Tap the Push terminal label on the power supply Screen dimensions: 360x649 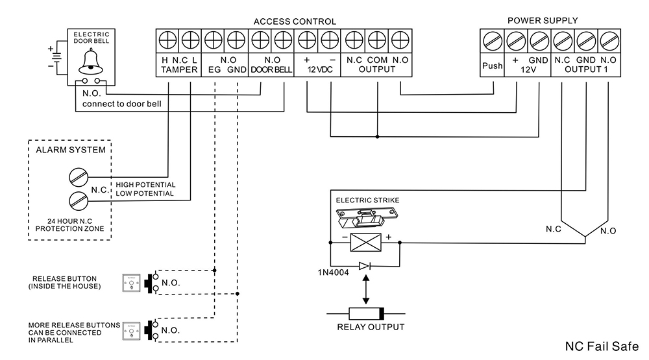(x=492, y=66)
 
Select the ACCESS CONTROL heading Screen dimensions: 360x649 (x=295, y=21)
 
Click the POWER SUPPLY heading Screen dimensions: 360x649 (x=542, y=21)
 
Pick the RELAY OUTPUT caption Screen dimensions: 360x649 (x=371, y=327)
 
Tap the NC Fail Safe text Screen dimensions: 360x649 (x=602, y=345)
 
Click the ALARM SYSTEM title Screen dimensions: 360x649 (x=71, y=150)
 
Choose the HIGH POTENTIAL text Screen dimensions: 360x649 (x=145, y=185)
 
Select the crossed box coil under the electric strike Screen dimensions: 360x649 (x=364, y=242)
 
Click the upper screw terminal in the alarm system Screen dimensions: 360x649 (x=78, y=176)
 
